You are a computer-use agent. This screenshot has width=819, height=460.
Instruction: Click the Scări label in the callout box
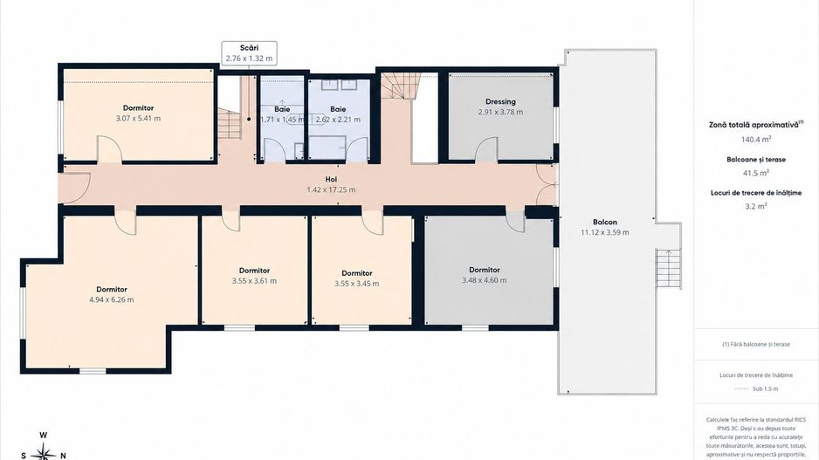click(249, 48)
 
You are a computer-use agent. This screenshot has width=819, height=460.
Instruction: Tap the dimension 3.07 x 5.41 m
click(139, 119)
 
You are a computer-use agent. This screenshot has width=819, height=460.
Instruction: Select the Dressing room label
click(500, 102)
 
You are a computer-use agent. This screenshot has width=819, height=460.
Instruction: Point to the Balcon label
click(605, 222)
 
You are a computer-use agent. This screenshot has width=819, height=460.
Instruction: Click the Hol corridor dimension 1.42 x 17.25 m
click(331, 190)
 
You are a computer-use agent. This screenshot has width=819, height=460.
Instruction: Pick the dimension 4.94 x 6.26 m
click(112, 299)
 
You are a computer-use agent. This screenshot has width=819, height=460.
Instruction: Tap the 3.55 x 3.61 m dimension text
click(254, 281)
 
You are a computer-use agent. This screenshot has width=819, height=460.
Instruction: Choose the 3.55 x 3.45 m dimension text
click(357, 284)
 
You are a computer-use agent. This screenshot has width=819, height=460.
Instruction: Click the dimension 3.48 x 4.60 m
click(485, 280)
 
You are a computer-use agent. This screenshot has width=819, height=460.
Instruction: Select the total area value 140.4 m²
click(756, 140)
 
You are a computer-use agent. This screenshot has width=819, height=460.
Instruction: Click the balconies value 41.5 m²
click(756, 173)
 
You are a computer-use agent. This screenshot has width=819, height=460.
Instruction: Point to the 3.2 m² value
click(756, 206)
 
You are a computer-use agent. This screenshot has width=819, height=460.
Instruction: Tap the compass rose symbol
click(45, 451)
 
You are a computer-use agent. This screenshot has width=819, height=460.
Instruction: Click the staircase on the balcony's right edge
click(669, 268)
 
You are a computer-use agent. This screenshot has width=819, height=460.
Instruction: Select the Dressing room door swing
click(487, 149)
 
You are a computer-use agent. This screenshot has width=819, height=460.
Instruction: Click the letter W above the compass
click(45, 435)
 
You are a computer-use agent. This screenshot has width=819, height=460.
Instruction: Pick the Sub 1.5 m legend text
click(765, 389)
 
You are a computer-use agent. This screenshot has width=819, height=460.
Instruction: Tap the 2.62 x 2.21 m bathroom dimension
click(338, 120)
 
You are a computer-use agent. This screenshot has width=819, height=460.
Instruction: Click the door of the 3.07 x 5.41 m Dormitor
click(109, 148)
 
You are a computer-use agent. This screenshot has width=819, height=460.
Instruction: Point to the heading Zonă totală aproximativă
click(754, 125)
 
